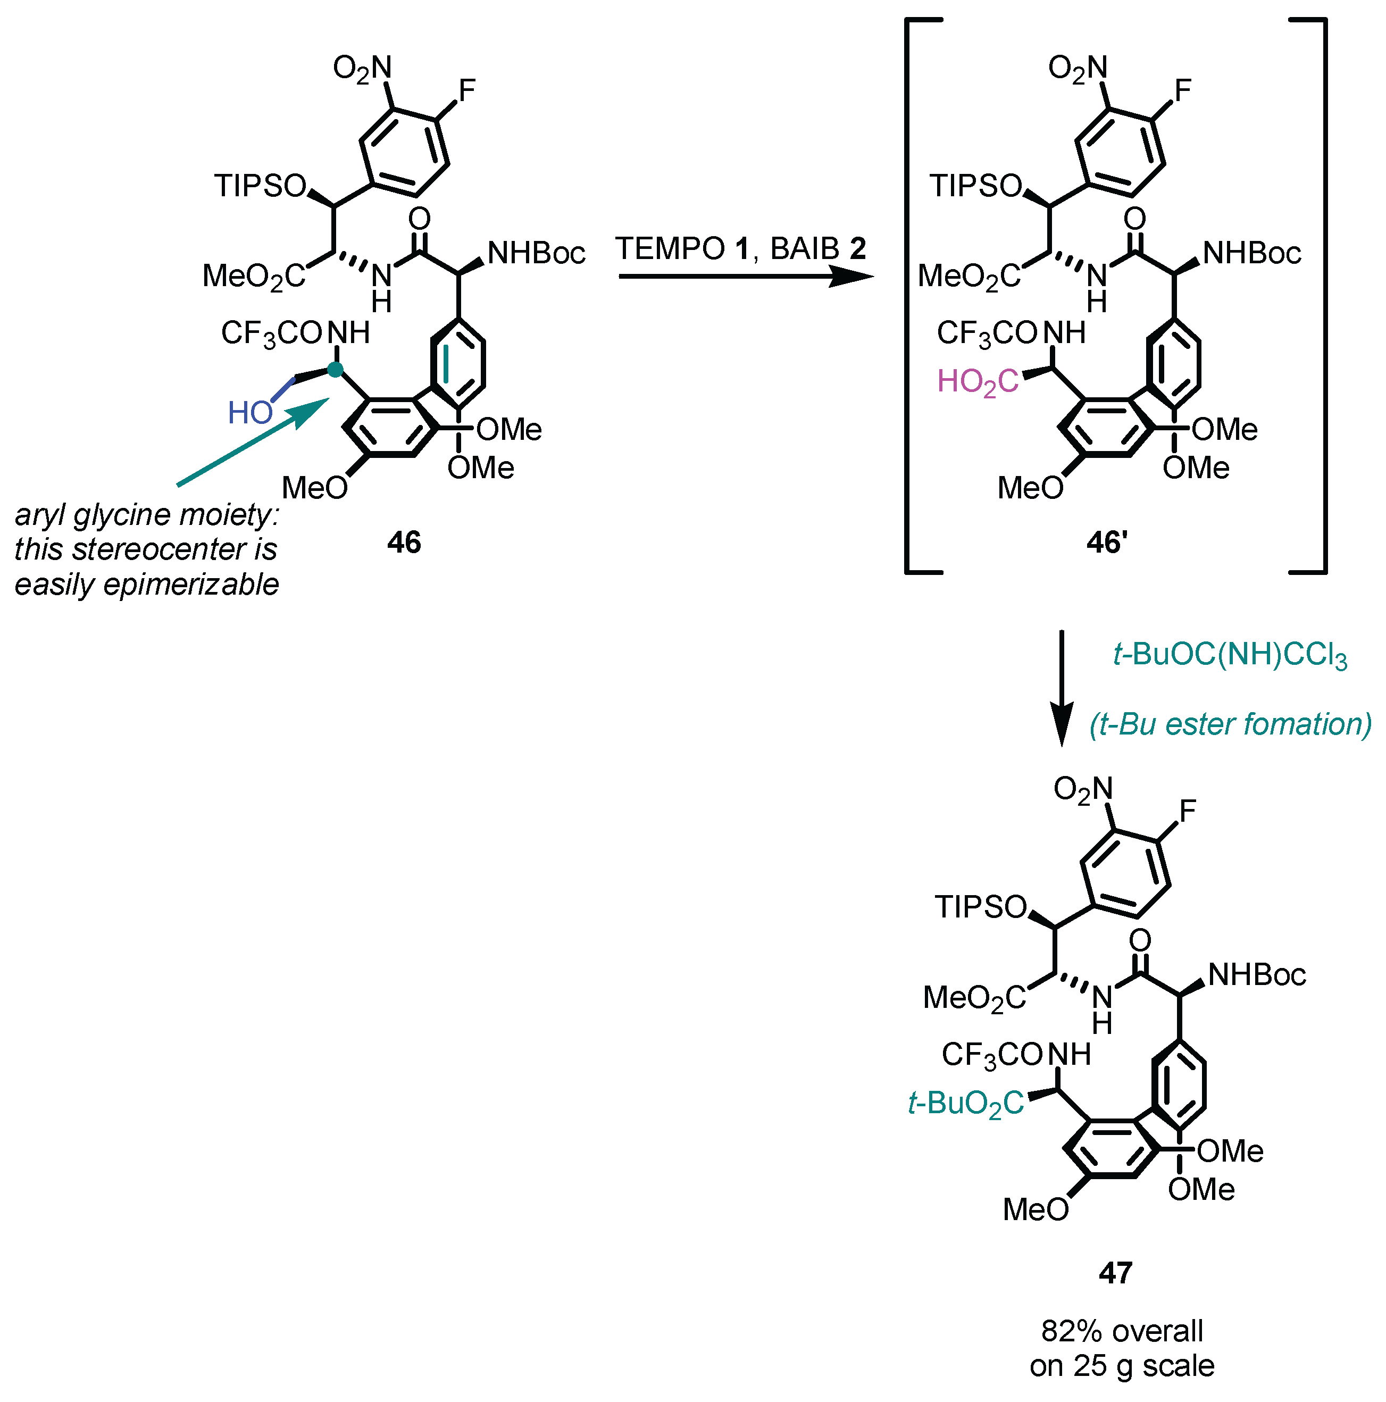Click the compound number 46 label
404,542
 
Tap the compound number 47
1115,1272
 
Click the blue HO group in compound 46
249,413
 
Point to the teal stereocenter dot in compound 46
335,370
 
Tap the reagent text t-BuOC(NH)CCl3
1230,656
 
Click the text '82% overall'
1122,1331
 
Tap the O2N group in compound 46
362,68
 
